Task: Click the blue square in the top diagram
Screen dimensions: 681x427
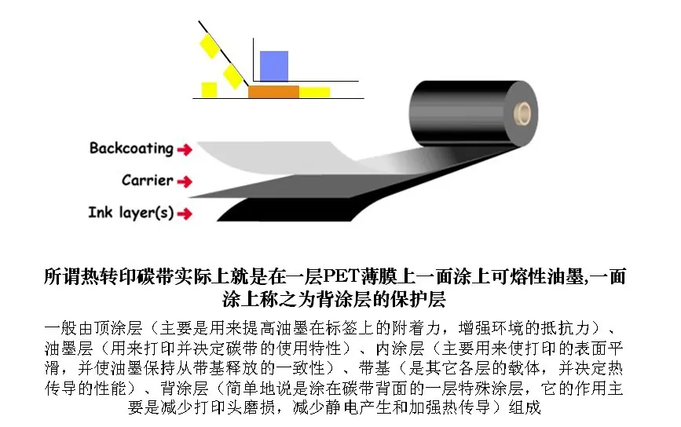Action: (x=273, y=66)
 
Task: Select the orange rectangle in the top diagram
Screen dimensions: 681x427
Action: (x=273, y=92)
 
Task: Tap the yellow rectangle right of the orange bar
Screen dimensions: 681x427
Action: (x=314, y=92)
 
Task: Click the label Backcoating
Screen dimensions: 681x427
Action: (x=131, y=149)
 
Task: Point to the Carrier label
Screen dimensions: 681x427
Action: (x=147, y=180)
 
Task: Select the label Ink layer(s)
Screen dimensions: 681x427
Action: (x=131, y=213)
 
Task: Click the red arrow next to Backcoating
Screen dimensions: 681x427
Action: (x=185, y=150)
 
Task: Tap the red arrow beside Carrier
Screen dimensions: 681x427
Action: (x=185, y=181)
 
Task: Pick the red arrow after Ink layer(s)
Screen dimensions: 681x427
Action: (x=185, y=213)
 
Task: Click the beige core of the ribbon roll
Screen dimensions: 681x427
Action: (x=522, y=113)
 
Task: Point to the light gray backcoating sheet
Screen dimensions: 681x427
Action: (x=278, y=159)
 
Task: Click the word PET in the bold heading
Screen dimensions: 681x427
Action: (x=340, y=276)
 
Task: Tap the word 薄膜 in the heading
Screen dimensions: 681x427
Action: (x=376, y=276)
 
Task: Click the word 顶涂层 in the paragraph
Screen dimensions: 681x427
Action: (x=118, y=328)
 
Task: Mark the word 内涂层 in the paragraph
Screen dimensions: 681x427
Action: (x=400, y=348)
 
